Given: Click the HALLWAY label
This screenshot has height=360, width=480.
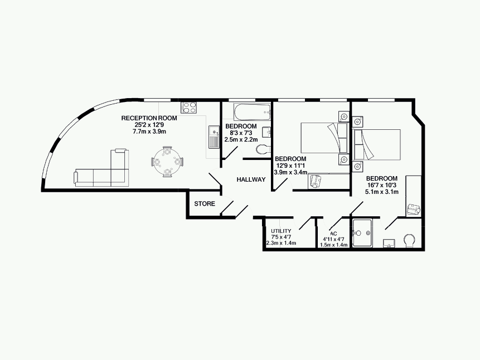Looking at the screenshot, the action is click(x=251, y=179).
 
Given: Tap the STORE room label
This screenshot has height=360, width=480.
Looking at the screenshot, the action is click(x=205, y=203).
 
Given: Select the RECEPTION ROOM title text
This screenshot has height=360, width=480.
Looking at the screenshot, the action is click(x=149, y=118).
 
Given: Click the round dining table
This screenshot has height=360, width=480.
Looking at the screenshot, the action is click(x=167, y=162).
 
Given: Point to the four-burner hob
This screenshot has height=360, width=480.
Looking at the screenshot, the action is click(x=189, y=107).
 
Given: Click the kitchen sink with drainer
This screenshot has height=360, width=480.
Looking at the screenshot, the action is click(x=214, y=137).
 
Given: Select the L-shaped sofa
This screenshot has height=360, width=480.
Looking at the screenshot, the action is click(x=101, y=168).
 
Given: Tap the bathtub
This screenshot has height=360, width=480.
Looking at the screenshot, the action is click(x=252, y=112).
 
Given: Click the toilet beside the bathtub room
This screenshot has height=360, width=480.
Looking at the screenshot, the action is click(x=263, y=149).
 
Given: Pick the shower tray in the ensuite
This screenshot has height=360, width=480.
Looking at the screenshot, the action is click(x=362, y=233).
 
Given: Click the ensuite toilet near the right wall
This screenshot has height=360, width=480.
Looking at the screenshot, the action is click(x=409, y=240).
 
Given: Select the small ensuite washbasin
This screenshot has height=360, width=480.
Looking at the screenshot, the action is click(x=389, y=244).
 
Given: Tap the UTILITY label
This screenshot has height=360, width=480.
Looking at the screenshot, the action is click(x=281, y=231).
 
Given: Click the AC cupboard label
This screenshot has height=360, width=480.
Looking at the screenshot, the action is click(x=333, y=233).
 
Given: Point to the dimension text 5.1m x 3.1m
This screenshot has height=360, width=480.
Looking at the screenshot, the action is click(x=382, y=192).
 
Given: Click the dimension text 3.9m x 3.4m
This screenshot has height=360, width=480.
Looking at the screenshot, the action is click(x=290, y=172).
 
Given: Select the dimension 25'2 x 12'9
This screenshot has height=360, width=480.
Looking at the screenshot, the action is click(x=149, y=125).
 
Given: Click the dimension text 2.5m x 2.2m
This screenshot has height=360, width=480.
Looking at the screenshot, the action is click(x=241, y=139).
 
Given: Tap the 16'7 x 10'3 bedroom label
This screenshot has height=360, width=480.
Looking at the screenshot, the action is click(x=382, y=185).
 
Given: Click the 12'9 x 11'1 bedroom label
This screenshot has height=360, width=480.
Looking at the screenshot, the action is click(x=290, y=166).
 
